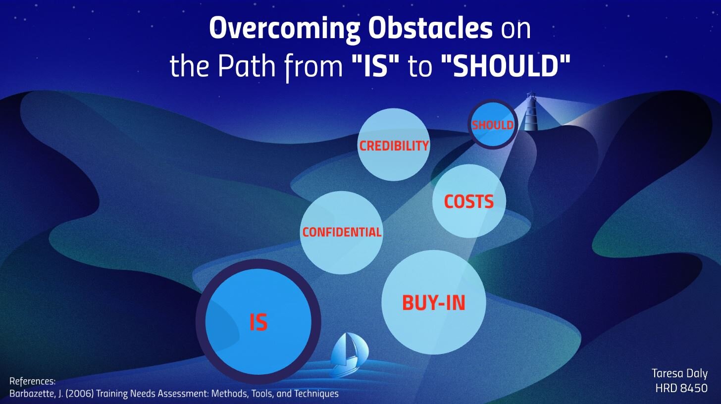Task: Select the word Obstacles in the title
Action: click(x=430, y=28)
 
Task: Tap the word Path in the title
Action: click(x=247, y=66)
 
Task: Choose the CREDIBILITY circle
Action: click(x=394, y=145)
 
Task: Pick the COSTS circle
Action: click(x=469, y=201)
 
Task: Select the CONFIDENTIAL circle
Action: click(x=342, y=232)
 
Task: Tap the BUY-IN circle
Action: click(x=434, y=303)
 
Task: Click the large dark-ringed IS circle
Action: click(x=258, y=322)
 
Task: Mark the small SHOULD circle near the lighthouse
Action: click(x=493, y=124)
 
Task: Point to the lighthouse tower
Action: click(x=530, y=111)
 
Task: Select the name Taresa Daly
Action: click(x=679, y=373)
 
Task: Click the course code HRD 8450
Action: click(x=681, y=388)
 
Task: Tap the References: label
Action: click(x=33, y=381)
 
